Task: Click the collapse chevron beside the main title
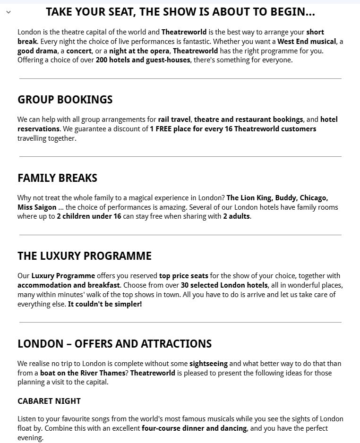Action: tap(9, 12)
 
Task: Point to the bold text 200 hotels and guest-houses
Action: tap(143, 60)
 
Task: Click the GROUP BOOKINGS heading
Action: tap(65, 100)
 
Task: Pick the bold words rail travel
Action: tap(175, 119)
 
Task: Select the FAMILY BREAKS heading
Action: tap(57, 178)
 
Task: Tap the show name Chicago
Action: tap(314, 198)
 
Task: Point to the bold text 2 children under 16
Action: tap(89, 217)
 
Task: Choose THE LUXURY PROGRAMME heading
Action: tap(85, 256)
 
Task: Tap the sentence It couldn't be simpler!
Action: tap(105, 304)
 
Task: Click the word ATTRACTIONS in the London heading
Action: tap(176, 344)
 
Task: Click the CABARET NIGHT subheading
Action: tap(49, 401)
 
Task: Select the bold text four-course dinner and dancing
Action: tap(194, 428)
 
